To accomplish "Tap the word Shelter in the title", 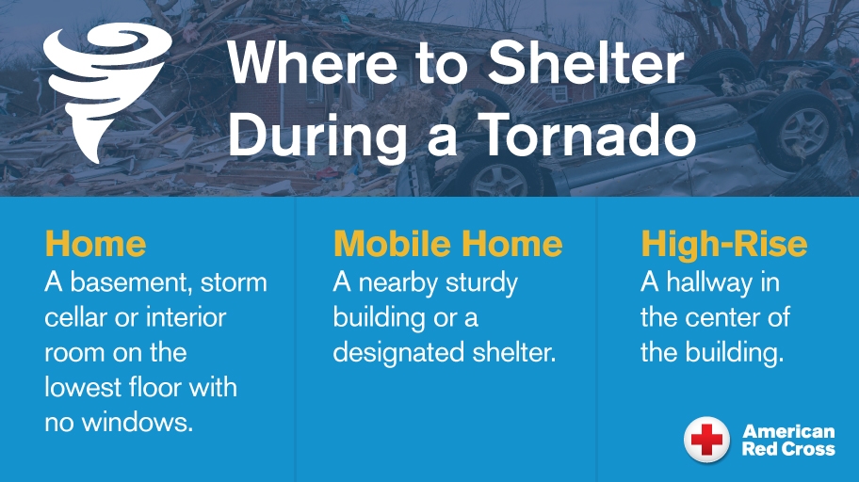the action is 586,62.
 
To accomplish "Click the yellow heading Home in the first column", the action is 95,244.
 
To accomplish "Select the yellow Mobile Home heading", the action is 447,244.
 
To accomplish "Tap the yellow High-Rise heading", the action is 723,244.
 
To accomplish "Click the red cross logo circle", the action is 706,440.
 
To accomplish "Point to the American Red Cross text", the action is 788,440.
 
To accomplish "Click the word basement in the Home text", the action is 130,283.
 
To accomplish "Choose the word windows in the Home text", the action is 138,423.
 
